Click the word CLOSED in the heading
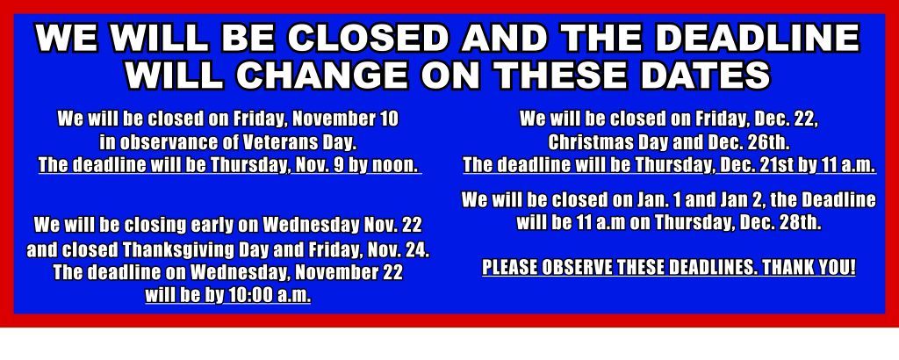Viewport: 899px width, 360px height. point(369,39)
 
